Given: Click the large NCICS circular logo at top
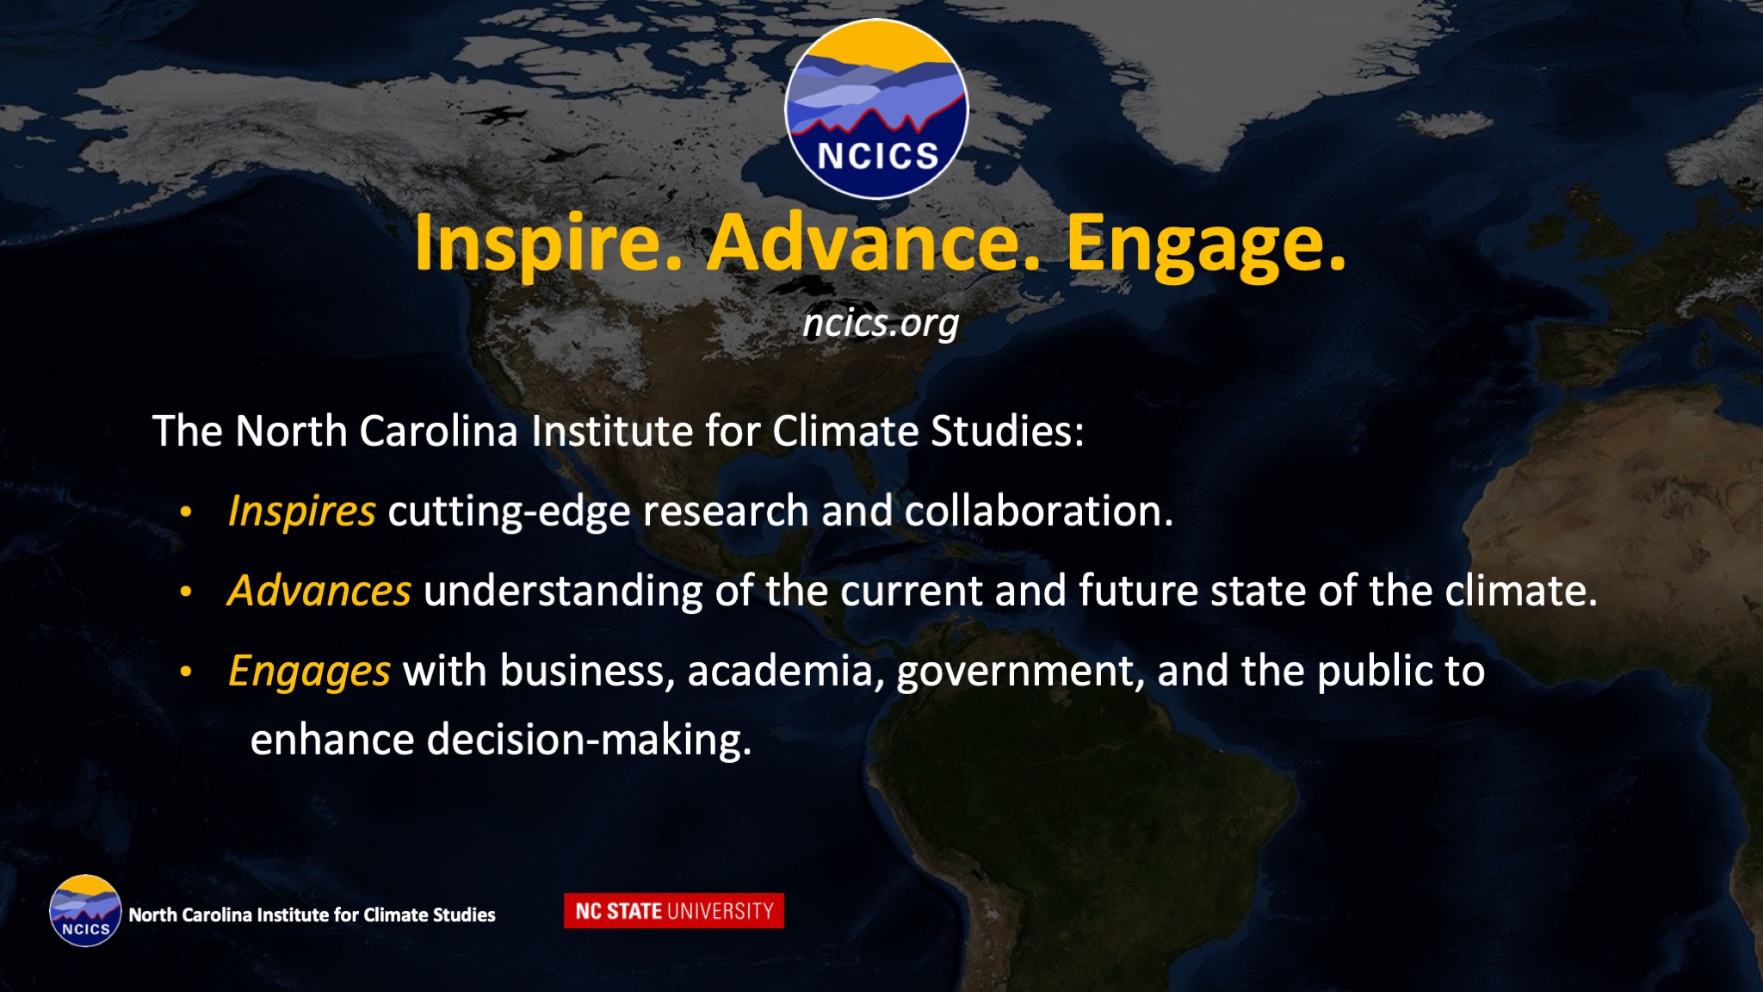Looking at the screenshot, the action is click(876, 109).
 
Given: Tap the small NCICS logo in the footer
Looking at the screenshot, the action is click(85, 911).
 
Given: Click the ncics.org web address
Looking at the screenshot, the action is click(881, 324).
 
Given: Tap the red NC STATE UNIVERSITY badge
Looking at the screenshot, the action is click(674, 911).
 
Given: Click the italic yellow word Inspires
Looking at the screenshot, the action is click(302, 512).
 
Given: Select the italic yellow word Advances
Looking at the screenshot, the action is click(319, 591).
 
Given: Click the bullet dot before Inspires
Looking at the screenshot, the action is click(186, 512).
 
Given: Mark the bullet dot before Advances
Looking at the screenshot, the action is click(186, 592).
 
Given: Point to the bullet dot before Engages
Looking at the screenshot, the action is click(186, 673).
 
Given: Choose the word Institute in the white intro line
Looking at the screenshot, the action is click(612, 431).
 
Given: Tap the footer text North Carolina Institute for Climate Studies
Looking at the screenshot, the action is click(312, 914).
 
